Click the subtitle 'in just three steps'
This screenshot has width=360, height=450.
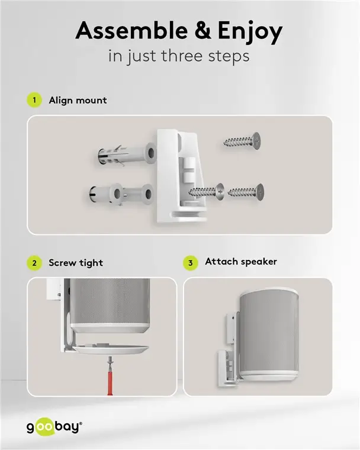180,57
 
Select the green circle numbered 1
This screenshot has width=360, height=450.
34,100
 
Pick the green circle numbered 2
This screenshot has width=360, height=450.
34,263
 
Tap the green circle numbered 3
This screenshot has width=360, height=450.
190,262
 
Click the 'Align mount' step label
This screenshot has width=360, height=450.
78,100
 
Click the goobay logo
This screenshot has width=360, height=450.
54,426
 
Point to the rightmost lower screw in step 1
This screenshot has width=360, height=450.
246,191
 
